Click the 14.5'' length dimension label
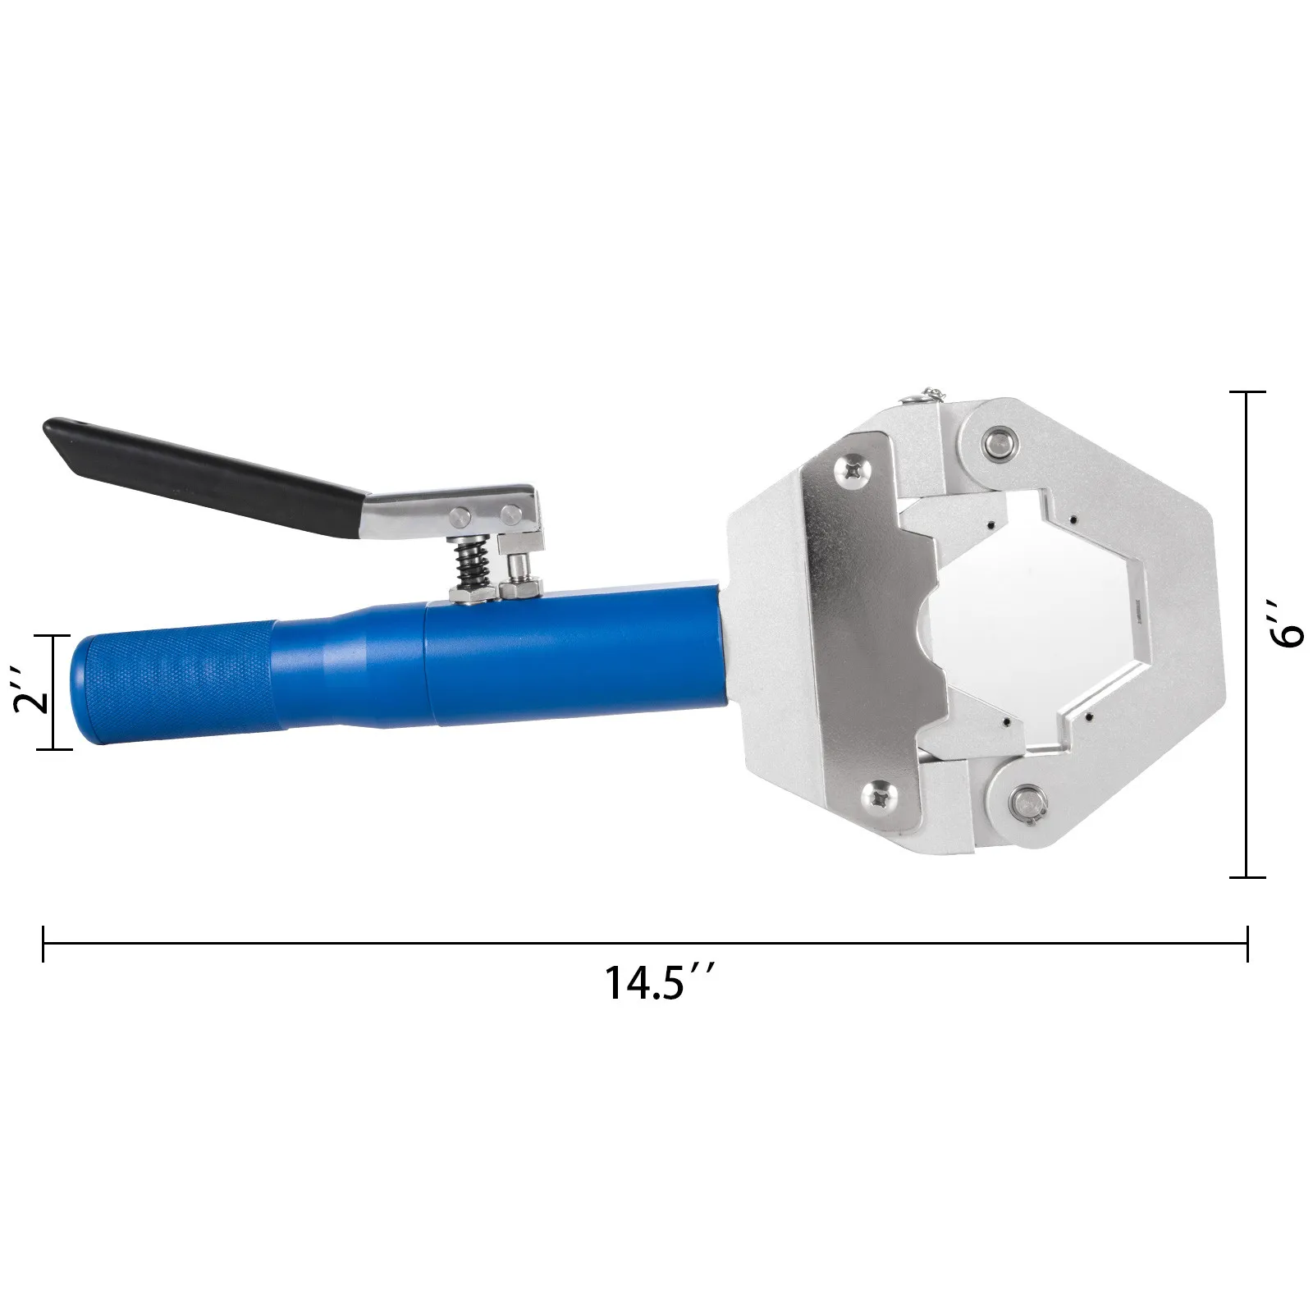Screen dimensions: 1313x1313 point(654,982)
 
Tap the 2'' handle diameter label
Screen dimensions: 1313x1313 point(31,692)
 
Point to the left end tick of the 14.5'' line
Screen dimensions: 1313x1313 point(43,945)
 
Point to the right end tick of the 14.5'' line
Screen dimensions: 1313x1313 point(1247,945)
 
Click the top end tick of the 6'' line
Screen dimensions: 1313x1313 point(1247,393)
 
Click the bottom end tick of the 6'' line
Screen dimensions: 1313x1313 point(1247,877)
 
